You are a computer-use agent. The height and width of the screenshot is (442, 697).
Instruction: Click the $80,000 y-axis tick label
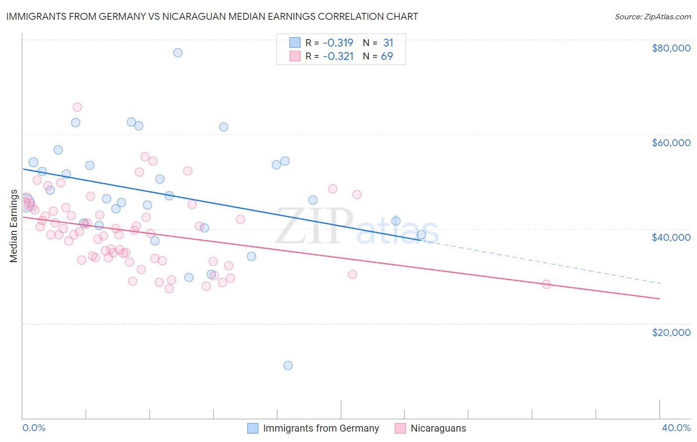[x=671, y=48]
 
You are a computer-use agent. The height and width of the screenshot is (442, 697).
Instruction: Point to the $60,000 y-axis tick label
[x=671, y=143]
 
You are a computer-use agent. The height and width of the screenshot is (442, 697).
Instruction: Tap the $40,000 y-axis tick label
[x=671, y=237]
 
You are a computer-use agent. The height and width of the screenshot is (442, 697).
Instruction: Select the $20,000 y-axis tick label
[x=671, y=332]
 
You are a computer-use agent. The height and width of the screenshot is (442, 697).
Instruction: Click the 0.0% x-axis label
[x=34, y=428]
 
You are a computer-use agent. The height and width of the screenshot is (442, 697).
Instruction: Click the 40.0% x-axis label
[x=676, y=428]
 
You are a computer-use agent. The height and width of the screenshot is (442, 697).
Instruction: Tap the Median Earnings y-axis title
[x=14, y=226]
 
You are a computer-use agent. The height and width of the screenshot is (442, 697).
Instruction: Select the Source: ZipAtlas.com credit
[x=652, y=16]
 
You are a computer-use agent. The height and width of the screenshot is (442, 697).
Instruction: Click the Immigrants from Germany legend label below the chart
[x=321, y=428]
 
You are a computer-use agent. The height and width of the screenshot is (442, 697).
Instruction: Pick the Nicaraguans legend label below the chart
[x=438, y=428]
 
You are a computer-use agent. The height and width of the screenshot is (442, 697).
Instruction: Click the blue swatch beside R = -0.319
[x=295, y=43]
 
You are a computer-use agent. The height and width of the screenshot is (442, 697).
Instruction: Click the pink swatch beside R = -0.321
[x=295, y=56]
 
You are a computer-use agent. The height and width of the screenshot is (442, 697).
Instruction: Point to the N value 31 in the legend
[x=388, y=43]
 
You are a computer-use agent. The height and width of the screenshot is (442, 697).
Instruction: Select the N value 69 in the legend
[x=387, y=56]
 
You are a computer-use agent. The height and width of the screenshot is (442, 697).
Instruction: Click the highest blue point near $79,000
[x=177, y=53]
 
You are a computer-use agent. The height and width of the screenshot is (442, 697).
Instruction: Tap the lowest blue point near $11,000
[x=288, y=366]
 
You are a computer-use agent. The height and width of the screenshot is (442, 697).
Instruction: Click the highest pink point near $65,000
[x=77, y=107]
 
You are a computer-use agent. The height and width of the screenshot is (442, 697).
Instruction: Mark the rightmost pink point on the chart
[x=546, y=284]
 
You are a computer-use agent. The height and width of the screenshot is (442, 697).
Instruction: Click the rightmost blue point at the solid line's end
[x=421, y=234]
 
